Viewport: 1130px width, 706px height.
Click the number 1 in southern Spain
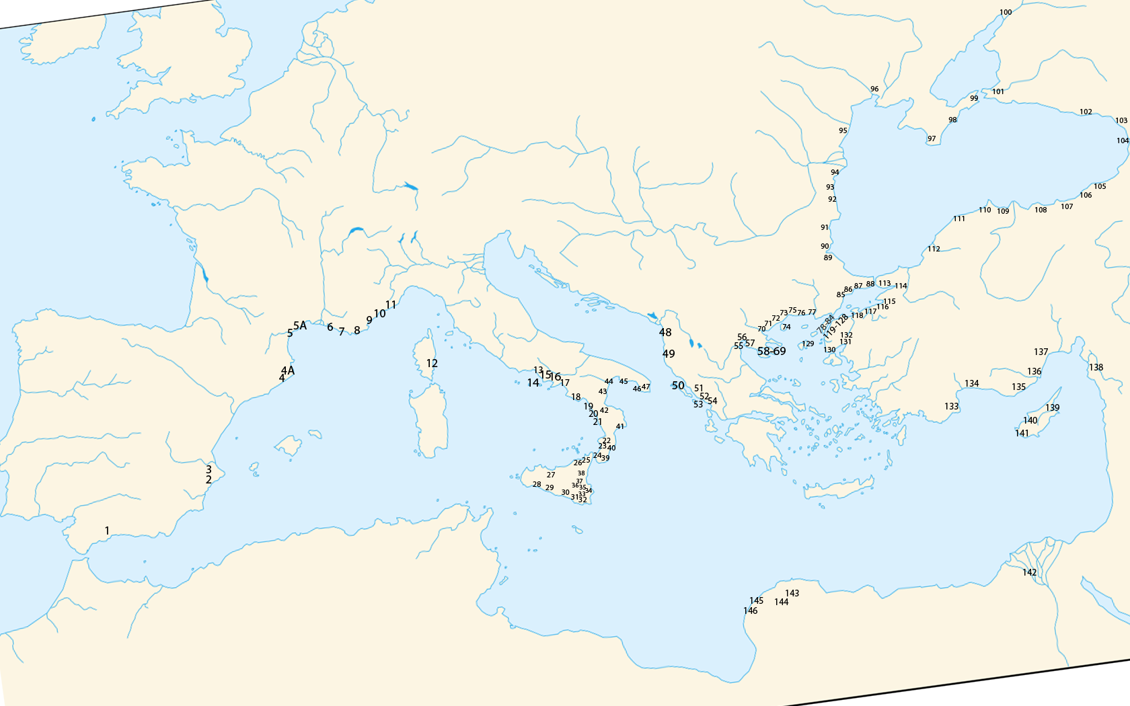[107, 531]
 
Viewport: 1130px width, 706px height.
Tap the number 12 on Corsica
[432, 363]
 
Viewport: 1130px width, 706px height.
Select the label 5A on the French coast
[300, 325]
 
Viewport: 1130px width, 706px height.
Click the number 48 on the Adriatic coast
[665, 332]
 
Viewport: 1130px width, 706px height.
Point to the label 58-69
[771, 351]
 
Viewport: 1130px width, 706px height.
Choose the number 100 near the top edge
[1006, 12]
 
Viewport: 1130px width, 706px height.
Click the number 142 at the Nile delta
[1030, 572]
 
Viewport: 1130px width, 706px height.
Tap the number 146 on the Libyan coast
[751, 611]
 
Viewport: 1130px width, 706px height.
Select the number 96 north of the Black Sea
[874, 89]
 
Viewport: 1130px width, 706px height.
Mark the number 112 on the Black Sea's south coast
[934, 249]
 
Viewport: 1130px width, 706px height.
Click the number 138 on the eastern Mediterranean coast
[1096, 367]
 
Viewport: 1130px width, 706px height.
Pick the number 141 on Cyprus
[1022, 433]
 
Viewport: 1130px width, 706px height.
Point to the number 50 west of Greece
[678, 385]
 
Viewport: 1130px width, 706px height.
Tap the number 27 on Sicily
[551, 475]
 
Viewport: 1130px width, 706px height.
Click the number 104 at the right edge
[1123, 141]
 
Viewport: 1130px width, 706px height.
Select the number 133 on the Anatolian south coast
[952, 406]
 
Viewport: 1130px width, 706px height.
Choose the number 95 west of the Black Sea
[843, 130]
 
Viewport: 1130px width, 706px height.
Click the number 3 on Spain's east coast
[209, 469]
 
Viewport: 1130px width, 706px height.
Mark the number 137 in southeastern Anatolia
[1041, 352]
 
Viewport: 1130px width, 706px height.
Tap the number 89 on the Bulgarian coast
[828, 258]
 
